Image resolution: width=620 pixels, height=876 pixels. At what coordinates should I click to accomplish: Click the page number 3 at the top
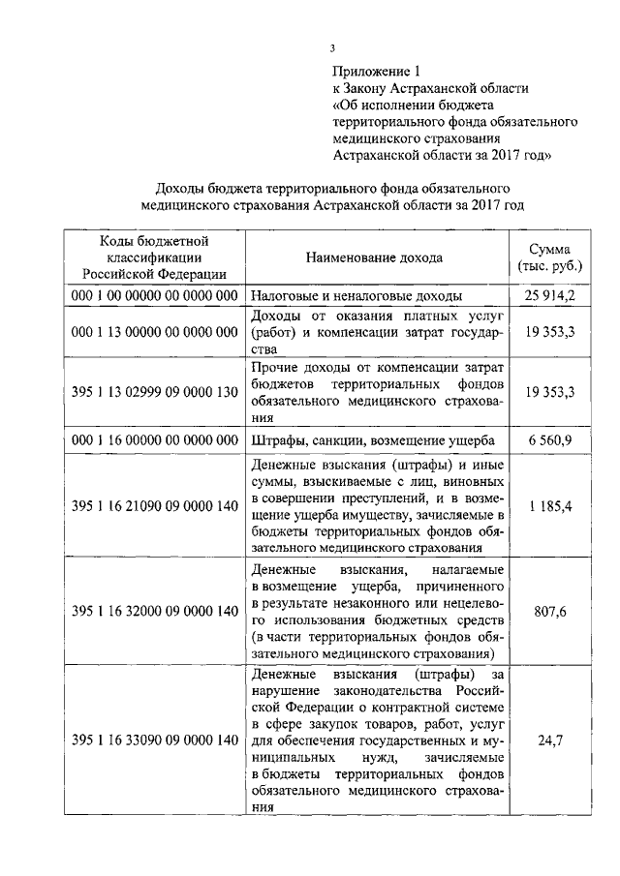pos(331,48)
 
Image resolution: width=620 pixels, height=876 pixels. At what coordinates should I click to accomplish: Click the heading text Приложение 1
pos(378,71)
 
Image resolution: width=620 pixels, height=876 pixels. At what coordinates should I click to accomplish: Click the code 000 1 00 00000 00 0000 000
pos(155,295)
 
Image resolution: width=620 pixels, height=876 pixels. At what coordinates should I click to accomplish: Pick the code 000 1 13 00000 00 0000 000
pos(155,332)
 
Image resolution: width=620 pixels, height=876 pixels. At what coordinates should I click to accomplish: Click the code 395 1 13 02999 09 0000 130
pos(155,392)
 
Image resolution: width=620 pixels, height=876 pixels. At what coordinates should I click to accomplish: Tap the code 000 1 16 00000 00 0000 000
pos(155,439)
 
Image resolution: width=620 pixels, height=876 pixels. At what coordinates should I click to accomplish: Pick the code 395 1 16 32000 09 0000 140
pos(155,611)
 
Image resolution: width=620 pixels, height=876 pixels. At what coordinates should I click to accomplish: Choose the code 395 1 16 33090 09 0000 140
pos(155,740)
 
